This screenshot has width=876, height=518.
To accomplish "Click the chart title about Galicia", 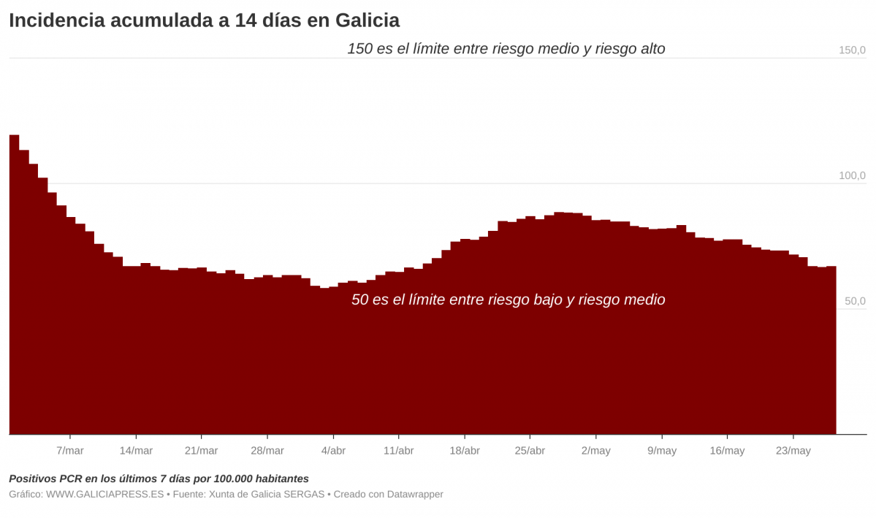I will point(204,20).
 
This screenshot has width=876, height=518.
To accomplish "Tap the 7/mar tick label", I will point(70,451).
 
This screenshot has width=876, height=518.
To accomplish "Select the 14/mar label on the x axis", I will point(136,451).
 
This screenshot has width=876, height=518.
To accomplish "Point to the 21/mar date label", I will point(201,451).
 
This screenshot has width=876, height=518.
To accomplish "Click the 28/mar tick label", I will point(267,451).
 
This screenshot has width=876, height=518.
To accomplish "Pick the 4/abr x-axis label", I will point(333,451).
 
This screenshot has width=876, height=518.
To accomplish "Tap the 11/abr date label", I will point(398,451).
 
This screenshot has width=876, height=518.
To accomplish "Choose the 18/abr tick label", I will point(465,451).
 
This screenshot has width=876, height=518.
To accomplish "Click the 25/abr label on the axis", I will point(530,451).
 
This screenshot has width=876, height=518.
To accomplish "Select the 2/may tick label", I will point(595,451).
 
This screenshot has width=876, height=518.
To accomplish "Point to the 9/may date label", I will point(662,451).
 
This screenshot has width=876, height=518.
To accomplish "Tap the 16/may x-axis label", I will point(727,451).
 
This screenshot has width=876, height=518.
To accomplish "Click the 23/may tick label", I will point(793,451).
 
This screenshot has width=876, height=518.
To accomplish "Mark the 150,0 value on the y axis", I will point(852,50).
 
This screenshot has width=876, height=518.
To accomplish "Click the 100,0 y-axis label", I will point(852,176).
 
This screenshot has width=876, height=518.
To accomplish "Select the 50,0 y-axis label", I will point(854,301).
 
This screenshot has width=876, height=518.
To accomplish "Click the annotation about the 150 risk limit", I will point(506,49).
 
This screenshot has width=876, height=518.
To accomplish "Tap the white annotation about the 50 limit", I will point(508,300).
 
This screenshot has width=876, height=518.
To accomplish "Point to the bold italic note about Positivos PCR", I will point(159,479).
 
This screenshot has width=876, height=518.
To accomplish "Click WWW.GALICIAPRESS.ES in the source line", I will point(104,495).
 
